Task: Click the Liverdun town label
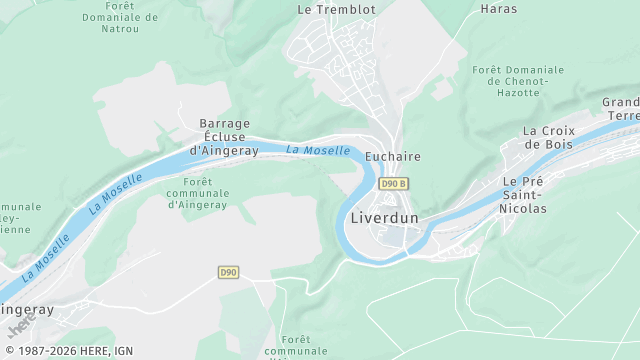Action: click(x=385, y=218)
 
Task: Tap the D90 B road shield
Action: click(x=394, y=184)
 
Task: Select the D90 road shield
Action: click(x=228, y=272)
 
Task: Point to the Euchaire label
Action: click(x=392, y=157)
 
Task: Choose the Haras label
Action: click(x=499, y=9)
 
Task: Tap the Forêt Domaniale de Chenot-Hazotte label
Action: click(x=518, y=80)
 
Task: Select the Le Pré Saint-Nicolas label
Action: click(x=524, y=195)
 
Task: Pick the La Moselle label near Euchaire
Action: click(x=318, y=151)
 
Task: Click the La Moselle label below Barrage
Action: click(x=116, y=193)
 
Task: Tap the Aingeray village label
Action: click(x=26, y=310)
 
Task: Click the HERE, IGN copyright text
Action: click(x=67, y=351)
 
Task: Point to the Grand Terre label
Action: click(x=621, y=109)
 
